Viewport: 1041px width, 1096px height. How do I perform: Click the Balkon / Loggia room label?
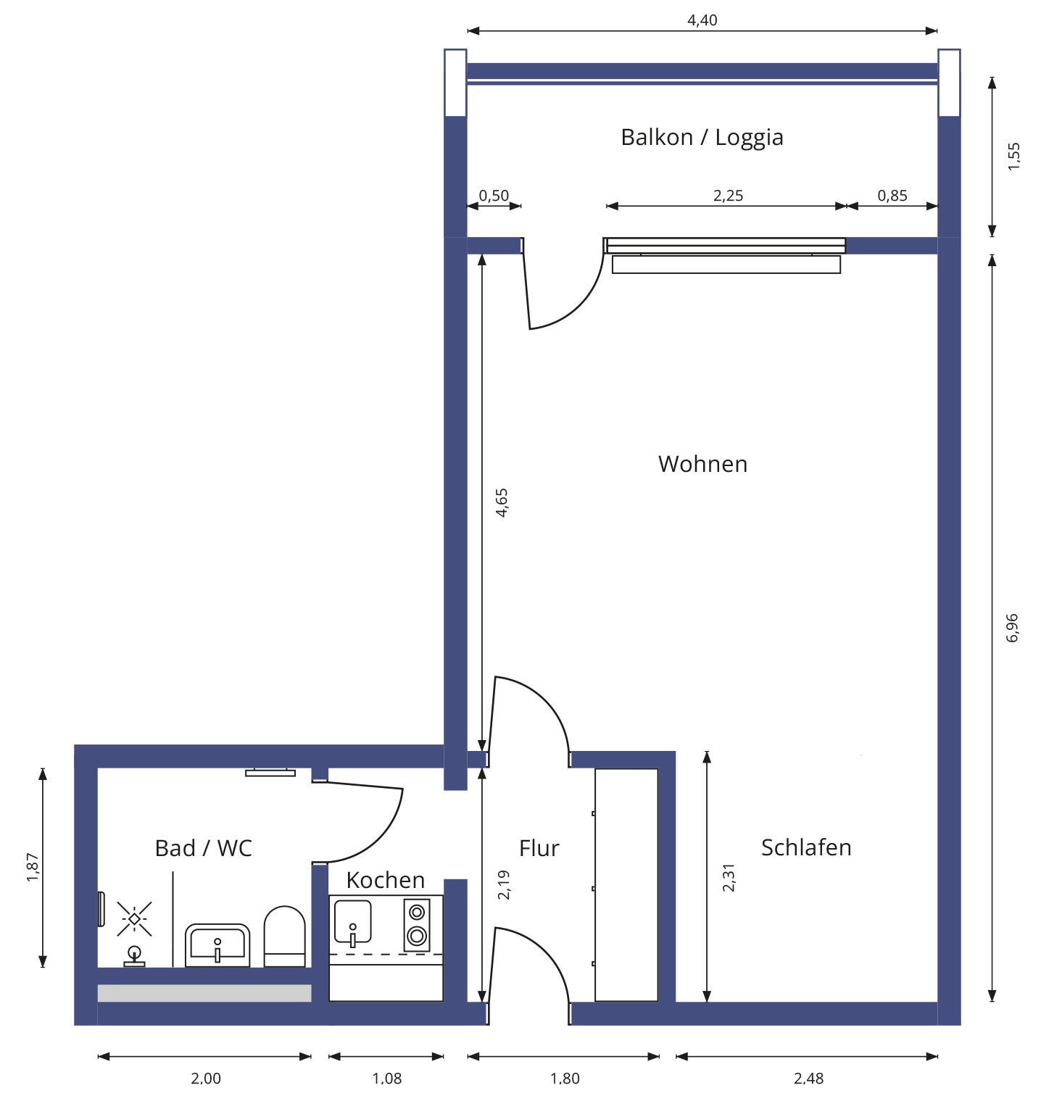(x=702, y=137)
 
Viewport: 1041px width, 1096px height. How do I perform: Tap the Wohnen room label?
(x=702, y=464)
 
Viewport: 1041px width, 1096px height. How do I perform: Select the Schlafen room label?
(x=806, y=847)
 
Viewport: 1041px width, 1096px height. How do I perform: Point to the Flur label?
(x=539, y=848)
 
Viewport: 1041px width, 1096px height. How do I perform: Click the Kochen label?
(x=385, y=880)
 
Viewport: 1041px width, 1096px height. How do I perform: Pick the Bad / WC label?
(x=203, y=848)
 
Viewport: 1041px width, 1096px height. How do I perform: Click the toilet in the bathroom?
(x=284, y=936)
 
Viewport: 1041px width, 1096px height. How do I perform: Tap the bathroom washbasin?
(x=217, y=945)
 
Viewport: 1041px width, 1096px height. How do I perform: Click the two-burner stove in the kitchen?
(x=417, y=924)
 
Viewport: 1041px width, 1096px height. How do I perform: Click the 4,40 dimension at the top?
(x=702, y=20)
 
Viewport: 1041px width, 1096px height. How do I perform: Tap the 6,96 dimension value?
(x=1012, y=628)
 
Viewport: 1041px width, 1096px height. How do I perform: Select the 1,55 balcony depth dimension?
(x=1013, y=157)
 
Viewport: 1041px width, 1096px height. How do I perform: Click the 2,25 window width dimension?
(x=728, y=196)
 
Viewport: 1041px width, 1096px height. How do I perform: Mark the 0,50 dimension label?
(x=494, y=196)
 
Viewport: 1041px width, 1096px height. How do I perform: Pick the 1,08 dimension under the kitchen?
(x=386, y=1078)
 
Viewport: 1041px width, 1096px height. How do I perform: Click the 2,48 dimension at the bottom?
(x=808, y=1078)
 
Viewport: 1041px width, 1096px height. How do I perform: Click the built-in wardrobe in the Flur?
(x=626, y=885)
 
